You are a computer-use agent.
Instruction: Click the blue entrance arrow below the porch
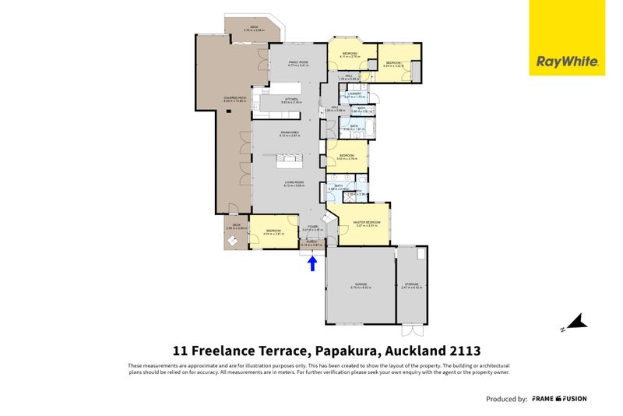[x=312, y=263]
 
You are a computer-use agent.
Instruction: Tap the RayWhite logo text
[x=566, y=62]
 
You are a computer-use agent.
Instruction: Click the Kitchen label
[x=291, y=100]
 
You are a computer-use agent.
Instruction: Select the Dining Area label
[x=290, y=135]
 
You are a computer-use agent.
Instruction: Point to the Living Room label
[x=293, y=184]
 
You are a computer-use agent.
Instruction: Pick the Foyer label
[x=311, y=228]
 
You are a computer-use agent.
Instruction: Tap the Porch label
[x=311, y=243]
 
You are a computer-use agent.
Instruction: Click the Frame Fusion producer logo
[x=558, y=399]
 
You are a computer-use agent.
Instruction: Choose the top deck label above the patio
[x=255, y=29]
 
